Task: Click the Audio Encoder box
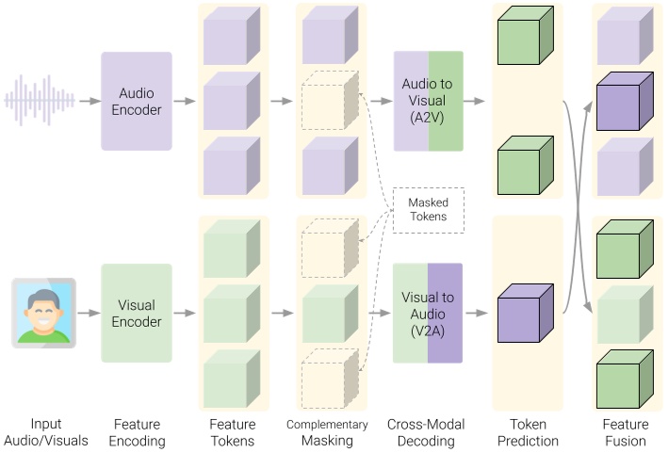pyautogui.click(x=137, y=101)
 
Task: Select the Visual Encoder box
pyautogui.click(x=137, y=313)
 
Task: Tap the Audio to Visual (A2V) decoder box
pyautogui.click(x=428, y=101)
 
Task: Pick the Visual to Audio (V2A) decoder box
pyautogui.click(x=428, y=313)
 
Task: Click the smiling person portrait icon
pyautogui.click(x=43, y=313)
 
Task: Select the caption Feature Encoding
pyautogui.click(x=137, y=432)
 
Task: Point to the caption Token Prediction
pyautogui.click(x=526, y=432)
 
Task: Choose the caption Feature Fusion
pyautogui.click(x=625, y=432)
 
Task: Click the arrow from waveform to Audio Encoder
pyautogui.click(x=90, y=101)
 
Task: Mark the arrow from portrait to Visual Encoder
pyautogui.click(x=90, y=313)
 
